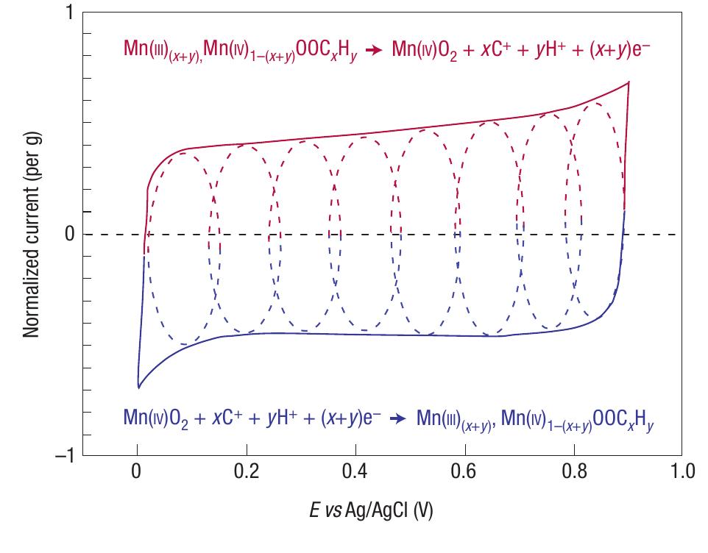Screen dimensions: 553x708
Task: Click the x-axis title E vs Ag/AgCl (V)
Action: pyautogui.click(x=371, y=511)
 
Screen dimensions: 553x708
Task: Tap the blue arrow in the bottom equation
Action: pyautogui.click(x=398, y=420)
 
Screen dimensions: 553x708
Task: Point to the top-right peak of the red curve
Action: pyautogui.click(x=629, y=82)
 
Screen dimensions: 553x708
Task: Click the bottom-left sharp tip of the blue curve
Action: pyautogui.click(x=138, y=387)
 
